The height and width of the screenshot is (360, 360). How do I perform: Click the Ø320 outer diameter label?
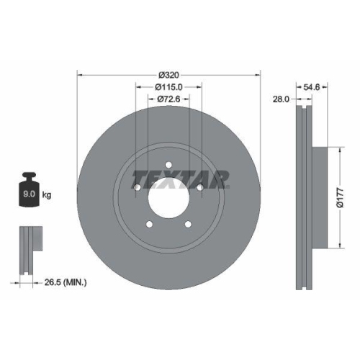click(x=168, y=74)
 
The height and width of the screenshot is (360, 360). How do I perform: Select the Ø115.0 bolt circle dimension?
click(x=168, y=86)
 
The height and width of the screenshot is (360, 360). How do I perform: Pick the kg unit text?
click(x=47, y=195)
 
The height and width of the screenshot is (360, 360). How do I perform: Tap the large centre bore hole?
click(x=168, y=196)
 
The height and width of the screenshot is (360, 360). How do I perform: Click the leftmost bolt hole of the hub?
click(x=138, y=188)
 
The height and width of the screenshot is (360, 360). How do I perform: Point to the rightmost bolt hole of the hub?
click(x=199, y=188)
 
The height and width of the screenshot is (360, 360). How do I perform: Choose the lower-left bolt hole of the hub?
click(x=150, y=222)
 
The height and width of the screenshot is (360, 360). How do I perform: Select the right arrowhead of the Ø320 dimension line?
click(x=258, y=74)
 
